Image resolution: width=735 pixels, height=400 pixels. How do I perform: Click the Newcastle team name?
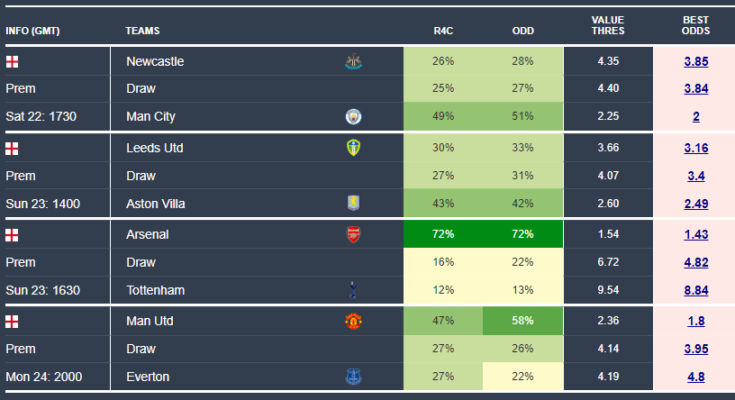(x=155, y=61)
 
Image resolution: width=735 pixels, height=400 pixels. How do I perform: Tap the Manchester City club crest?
(x=353, y=116)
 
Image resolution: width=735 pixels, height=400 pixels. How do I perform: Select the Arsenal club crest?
(x=353, y=234)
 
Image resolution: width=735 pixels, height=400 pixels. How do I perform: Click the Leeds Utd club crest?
(x=353, y=148)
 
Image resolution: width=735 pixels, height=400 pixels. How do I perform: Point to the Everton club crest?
(x=353, y=377)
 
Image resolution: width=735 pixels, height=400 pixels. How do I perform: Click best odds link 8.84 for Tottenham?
(x=695, y=290)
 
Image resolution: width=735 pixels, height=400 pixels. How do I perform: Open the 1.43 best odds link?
(x=695, y=234)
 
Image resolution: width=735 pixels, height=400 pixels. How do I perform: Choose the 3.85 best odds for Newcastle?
(x=695, y=61)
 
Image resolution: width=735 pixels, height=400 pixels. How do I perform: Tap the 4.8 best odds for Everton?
(x=695, y=377)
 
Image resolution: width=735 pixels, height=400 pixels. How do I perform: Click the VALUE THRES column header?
(x=608, y=25)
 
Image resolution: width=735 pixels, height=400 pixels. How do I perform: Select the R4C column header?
(x=443, y=31)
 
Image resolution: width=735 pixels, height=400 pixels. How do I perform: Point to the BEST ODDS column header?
(x=695, y=25)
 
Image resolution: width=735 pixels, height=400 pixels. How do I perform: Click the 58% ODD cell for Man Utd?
(x=522, y=321)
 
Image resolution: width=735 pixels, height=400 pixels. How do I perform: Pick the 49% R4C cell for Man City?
(x=443, y=116)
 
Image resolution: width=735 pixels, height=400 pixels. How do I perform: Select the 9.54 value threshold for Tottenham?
(x=608, y=290)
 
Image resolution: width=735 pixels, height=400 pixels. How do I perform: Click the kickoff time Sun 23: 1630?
(x=42, y=290)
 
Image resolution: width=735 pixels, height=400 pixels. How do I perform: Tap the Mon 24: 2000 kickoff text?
(x=44, y=377)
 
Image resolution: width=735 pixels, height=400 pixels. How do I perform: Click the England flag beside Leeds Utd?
(x=12, y=148)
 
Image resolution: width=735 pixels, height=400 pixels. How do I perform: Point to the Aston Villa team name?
(x=155, y=204)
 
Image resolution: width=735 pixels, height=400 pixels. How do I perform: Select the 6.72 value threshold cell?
(x=608, y=262)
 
